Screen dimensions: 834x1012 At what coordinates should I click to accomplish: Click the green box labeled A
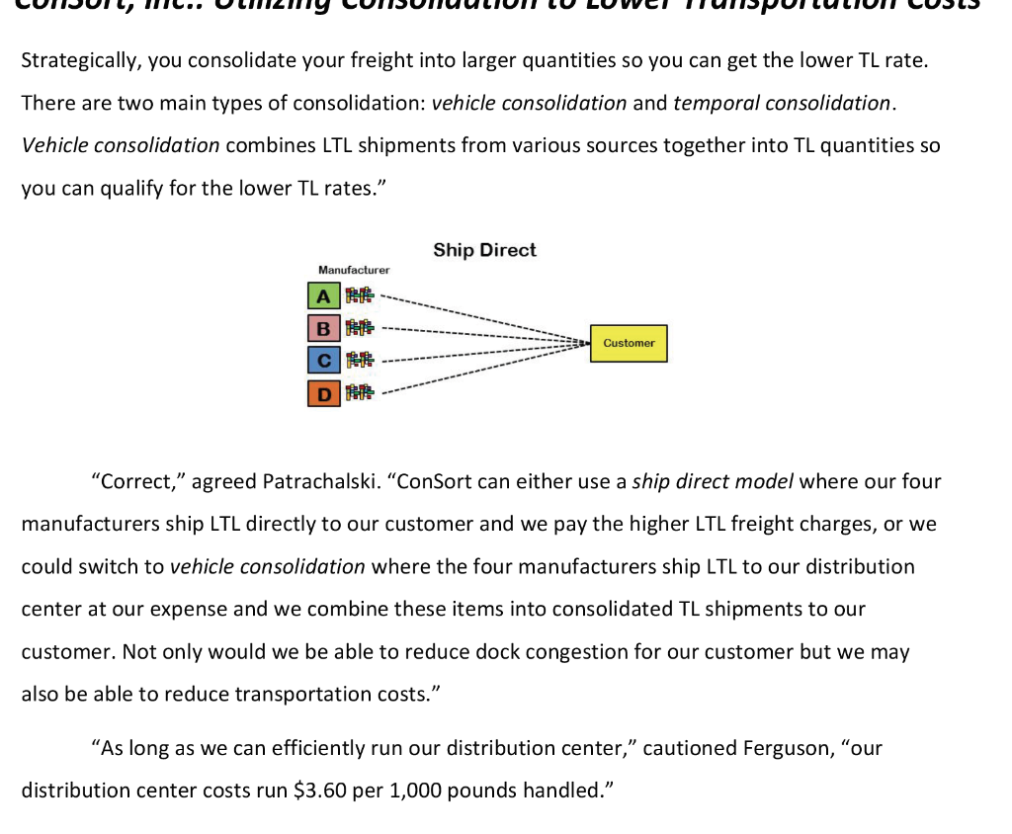coord(321,294)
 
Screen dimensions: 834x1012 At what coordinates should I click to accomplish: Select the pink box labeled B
coord(321,327)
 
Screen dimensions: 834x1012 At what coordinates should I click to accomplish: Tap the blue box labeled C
coord(321,360)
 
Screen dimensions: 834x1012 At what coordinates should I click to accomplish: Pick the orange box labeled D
coord(321,393)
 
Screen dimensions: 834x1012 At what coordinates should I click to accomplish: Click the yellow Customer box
coord(629,343)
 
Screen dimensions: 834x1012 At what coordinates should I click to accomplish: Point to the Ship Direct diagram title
coord(484,250)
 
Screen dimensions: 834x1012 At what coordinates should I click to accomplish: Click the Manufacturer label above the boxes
coord(354,270)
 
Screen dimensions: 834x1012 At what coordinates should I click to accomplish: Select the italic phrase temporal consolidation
coord(783,103)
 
